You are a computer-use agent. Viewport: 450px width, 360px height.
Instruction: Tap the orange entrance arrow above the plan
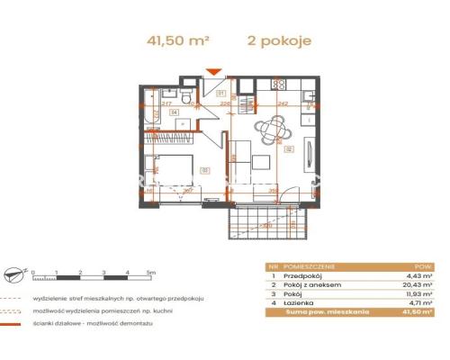click(x=213, y=72)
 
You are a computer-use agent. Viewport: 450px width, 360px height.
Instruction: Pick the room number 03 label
click(x=204, y=168)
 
